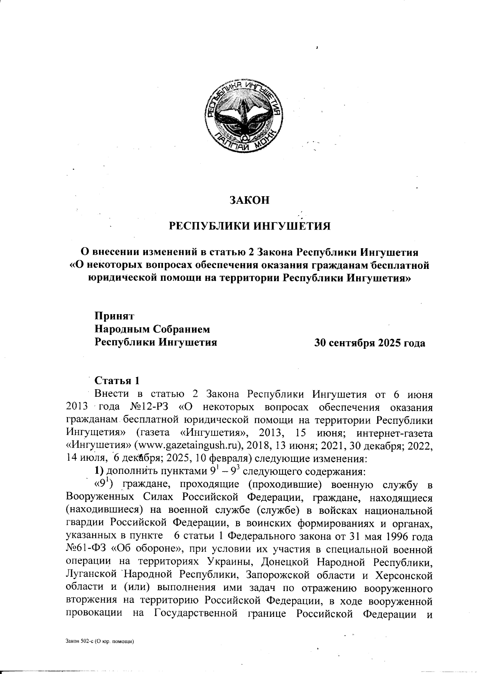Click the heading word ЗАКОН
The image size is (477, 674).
coord(250,200)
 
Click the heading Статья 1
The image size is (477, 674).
coord(117,380)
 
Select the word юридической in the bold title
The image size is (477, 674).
coord(122,277)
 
